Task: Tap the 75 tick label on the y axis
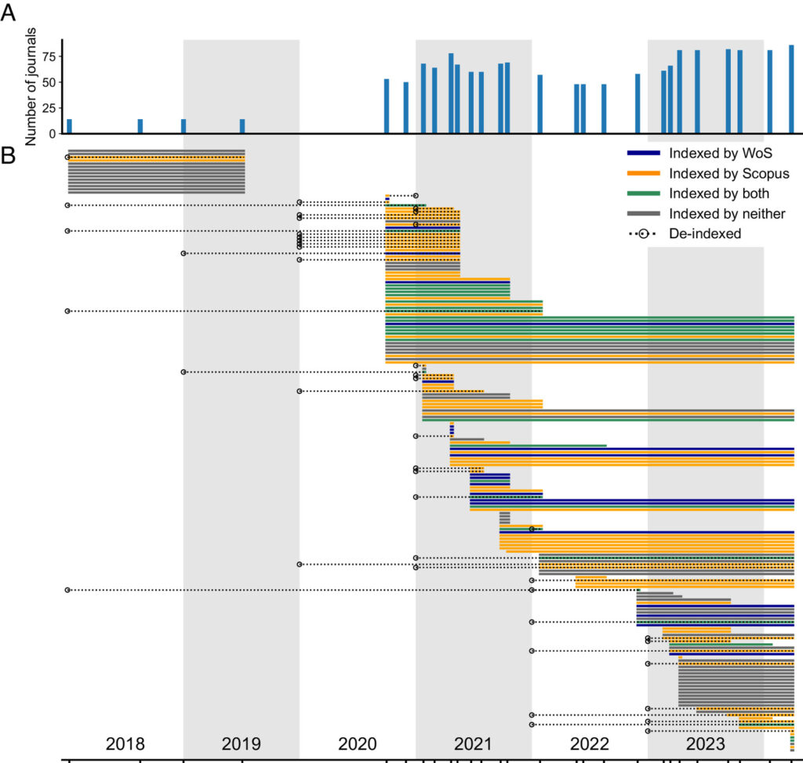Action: coord(48,56)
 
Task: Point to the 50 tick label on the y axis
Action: coord(48,82)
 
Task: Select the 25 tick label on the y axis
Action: coord(48,108)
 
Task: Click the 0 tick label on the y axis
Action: coord(53,134)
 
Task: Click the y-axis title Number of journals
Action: coord(31,86)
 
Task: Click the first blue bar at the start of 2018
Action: coord(69,127)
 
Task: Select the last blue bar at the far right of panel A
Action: coord(791,89)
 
